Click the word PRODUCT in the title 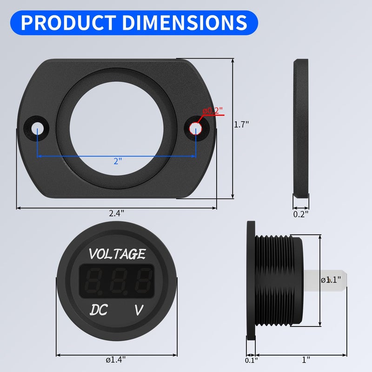point(65,23)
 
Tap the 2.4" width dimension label point(116,213)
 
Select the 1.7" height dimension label point(241,125)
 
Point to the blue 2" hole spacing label point(118,161)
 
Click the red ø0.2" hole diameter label point(213,111)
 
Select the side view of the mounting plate point(301,128)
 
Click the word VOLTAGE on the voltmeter point(117,254)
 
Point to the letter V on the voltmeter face point(139,309)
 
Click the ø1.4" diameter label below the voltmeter point(116,359)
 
